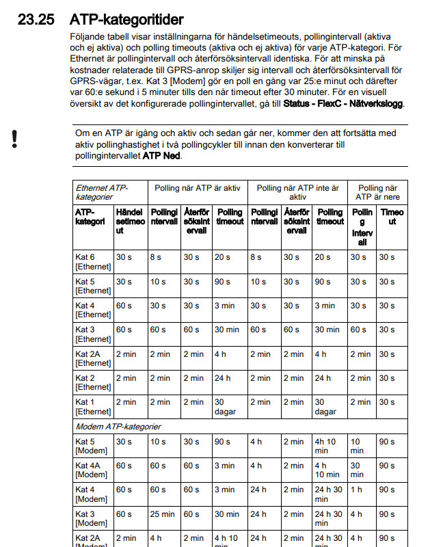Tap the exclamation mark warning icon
coord(14,138)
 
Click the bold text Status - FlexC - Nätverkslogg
coord(344,104)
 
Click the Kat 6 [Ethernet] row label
coord(92,262)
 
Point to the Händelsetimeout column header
coord(129,222)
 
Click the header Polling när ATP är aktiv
coord(198,187)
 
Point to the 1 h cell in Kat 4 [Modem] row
coord(357,490)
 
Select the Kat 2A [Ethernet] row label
coord(92,358)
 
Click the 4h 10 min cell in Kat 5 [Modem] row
coord(329,446)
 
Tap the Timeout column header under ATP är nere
coord(392,217)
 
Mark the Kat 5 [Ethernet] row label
coord(92,286)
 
